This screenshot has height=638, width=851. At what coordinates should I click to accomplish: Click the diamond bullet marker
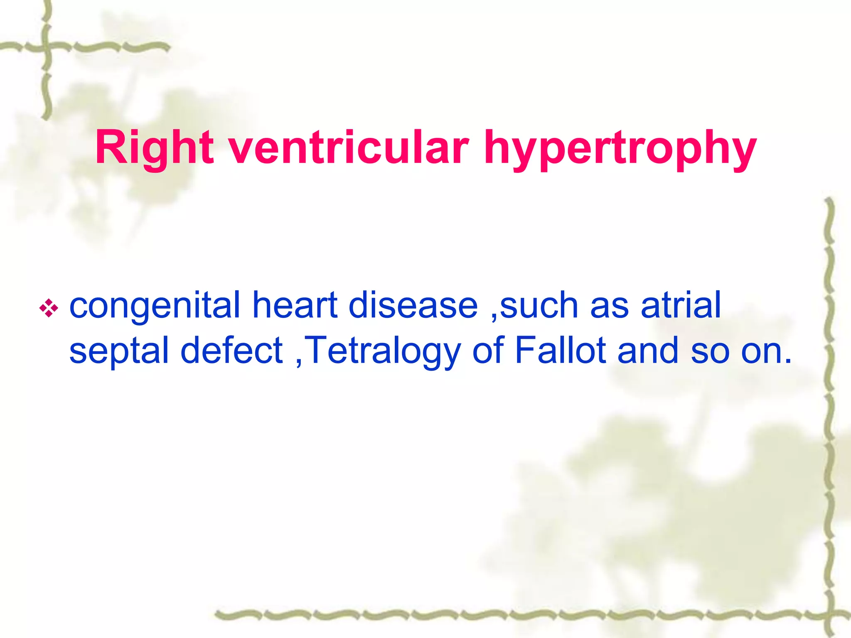click(49, 308)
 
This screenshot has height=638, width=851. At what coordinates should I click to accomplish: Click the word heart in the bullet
click(295, 305)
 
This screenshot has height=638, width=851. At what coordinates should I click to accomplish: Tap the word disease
click(413, 305)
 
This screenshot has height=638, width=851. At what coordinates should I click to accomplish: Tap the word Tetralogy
click(384, 351)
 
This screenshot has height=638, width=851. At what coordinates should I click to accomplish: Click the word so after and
click(710, 351)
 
